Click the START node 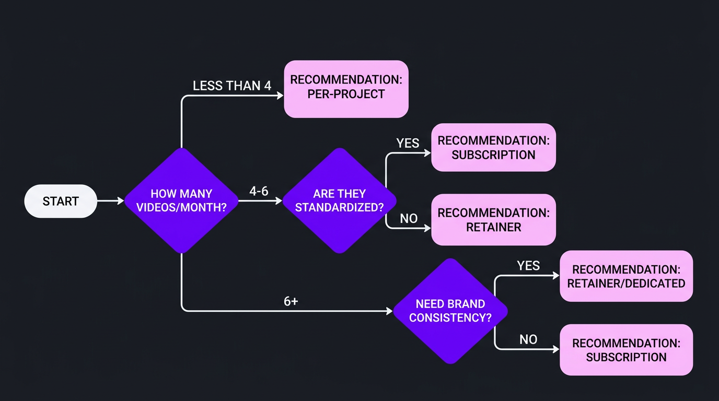click(61, 201)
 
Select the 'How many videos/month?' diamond click(181, 200)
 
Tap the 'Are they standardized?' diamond click(339, 200)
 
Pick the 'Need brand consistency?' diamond click(450, 311)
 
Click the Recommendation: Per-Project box click(346, 88)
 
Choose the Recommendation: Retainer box click(493, 220)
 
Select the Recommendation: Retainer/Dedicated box click(626, 276)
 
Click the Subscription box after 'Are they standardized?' click(493, 148)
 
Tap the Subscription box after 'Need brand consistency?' click(626, 350)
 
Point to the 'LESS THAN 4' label click(232, 86)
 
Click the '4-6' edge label click(259, 191)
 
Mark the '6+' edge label click(291, 301)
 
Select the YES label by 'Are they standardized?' click(408, 143)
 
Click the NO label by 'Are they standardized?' click(409, 219)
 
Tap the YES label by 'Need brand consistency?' click(528, 266)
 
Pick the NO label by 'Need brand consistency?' click(528, 340)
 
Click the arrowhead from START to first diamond click(120, 200)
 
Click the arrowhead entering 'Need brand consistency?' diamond click(389, 311)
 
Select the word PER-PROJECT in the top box click(346, 95)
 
